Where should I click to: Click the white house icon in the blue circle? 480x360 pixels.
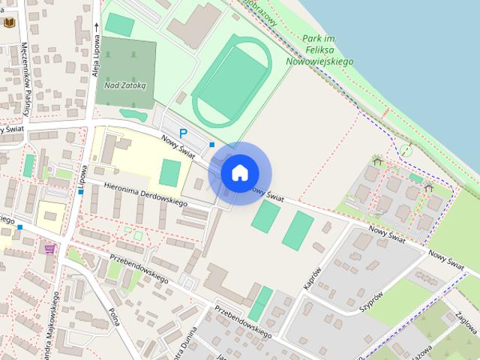(x=239, y=172)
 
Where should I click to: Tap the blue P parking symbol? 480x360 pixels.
(x=182, y=133)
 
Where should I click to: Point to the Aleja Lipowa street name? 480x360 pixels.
(x=96, y=56)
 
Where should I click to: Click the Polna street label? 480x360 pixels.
(x=115, y=317)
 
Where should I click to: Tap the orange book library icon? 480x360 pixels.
(x=9, y=23)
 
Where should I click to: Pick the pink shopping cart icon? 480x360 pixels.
(x=50, y=248)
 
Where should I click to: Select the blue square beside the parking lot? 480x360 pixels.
(x=212, y=145)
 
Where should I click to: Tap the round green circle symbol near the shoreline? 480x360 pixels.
(x=406, y=150)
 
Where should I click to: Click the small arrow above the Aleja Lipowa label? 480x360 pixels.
(x=96, y=24)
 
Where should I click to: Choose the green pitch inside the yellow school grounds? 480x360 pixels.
(x=170, y=172)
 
